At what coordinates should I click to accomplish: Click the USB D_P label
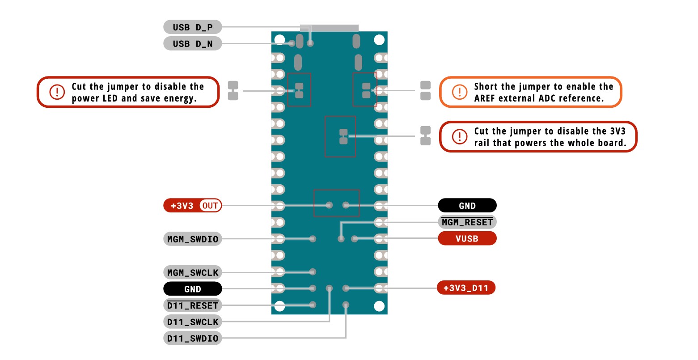(192, 27)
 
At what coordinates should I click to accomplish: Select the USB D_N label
(192, 44)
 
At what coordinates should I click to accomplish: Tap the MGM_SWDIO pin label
(192, 239)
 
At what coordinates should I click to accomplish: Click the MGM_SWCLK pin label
(192, 272)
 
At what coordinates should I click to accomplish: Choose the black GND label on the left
(192, 289)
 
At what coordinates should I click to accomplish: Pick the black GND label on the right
(467, 206)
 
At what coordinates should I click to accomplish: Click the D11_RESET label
(192, 305)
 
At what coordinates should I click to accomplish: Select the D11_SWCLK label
(192, 322)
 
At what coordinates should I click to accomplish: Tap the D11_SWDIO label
(192, 339)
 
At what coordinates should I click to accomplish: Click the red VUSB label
(467, 239)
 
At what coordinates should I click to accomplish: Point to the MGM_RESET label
(467, 222)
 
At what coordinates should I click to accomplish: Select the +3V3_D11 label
(465, 288)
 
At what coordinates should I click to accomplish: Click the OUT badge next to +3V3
(210, 206)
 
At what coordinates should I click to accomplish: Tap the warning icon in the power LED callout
(57, 92)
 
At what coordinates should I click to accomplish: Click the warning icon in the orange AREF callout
(459, 92)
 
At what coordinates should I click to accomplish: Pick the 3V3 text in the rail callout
(617, 131)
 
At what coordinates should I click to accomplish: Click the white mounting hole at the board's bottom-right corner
(379, 306)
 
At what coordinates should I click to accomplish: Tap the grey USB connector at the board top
(329, 28)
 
